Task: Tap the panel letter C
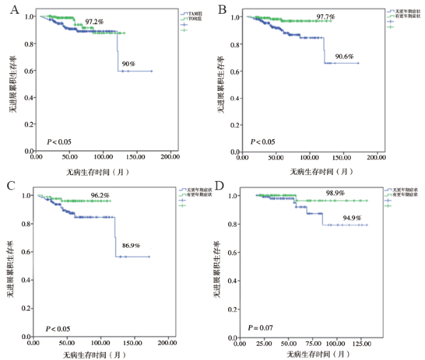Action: point(10,186)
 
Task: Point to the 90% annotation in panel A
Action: point(127,64)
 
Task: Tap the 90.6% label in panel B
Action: point(344,57)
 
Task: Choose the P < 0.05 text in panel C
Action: point(59,327)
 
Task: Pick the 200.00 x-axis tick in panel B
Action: point(376,158)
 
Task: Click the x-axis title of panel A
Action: point(95,172)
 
